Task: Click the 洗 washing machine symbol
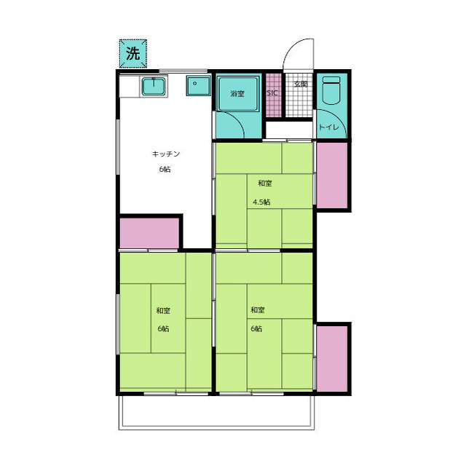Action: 133,53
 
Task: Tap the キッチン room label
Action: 166,154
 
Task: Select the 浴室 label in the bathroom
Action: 237,94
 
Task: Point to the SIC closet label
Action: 272,93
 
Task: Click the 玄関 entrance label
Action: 301,84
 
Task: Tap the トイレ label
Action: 328,127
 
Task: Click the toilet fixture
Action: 331,90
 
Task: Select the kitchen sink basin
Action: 154,86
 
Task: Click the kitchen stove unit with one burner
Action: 199,86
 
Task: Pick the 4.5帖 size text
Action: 261,202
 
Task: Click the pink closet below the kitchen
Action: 149,233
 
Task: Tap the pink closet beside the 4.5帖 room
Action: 332,175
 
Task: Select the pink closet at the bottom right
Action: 332,359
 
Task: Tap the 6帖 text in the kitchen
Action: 165,170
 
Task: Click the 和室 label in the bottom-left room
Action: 163,311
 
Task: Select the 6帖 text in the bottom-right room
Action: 256,329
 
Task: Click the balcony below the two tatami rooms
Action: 216,413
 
